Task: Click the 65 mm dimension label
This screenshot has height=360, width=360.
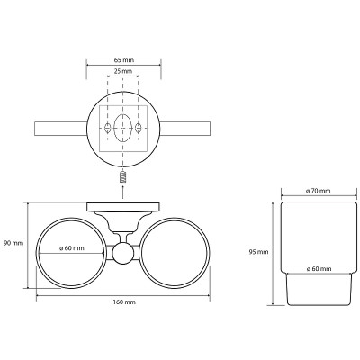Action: tap(124, 60)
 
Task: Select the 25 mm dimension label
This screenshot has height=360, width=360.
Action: tap(122, 71)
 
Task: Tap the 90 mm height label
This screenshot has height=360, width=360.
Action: tap(13, 243)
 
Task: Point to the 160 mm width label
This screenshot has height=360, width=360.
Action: tap(125, 302)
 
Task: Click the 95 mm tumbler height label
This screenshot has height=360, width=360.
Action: tap(258, 252)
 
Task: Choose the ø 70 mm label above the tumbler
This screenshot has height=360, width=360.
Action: tap(319, 191)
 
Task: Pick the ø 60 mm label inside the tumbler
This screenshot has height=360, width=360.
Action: tap(319, 269)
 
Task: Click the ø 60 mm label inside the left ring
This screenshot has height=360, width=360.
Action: tap(72, 248)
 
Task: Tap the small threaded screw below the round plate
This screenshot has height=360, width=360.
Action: tap(122, 177)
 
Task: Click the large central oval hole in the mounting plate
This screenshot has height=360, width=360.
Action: tap(122, 128)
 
